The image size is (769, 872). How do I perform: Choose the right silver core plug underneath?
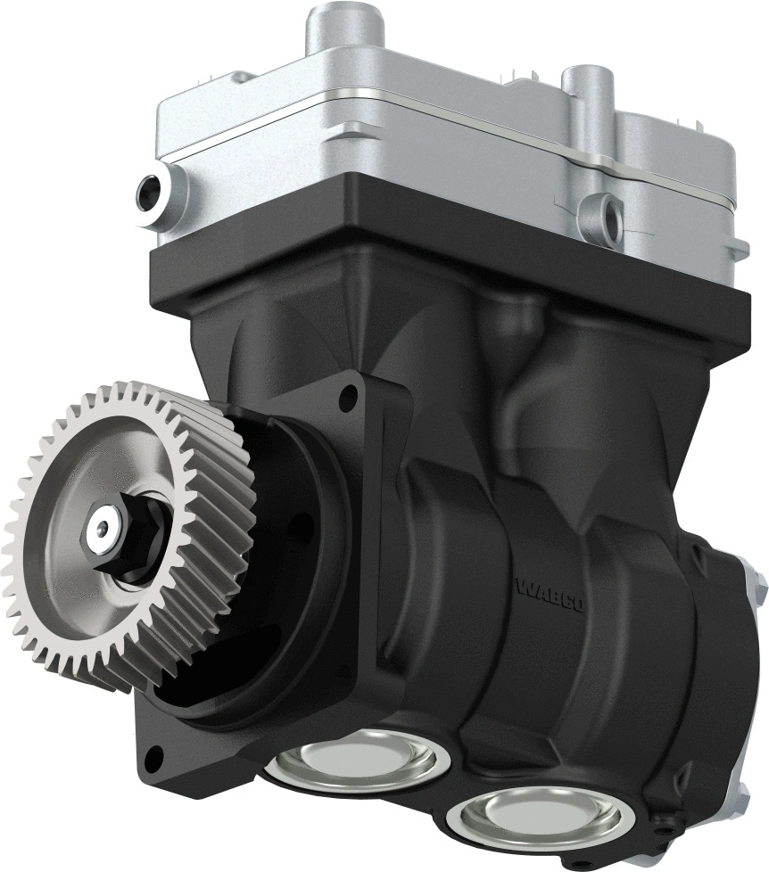534,818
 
